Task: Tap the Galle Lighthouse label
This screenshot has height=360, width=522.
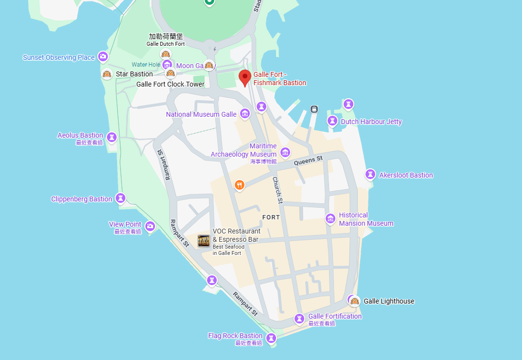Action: [389, 301]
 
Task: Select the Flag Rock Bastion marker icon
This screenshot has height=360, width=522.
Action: [272, 338]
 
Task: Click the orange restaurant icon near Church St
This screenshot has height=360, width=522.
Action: [239, 185]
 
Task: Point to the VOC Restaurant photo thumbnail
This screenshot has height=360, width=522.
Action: [204, 240]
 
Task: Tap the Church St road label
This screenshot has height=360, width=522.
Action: [277, 190]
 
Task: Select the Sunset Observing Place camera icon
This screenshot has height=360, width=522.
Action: [103, 57]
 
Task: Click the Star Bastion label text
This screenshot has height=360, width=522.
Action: [134, 74]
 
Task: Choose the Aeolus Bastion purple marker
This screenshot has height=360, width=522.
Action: [112, 137]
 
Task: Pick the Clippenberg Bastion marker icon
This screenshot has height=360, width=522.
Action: [121, 198]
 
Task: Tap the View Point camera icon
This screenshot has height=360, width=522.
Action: [150, 226]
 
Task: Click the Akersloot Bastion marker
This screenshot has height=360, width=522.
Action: [370, 174]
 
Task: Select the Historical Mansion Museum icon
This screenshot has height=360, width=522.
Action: [331, 219]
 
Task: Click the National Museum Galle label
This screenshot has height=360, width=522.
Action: [201, 114]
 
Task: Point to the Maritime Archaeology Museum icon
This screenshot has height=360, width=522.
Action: [285, 152]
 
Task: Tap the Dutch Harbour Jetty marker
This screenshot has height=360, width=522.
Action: [332, 121]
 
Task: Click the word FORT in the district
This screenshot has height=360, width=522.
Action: [271, 217]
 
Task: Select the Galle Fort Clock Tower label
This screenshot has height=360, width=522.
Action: [170, 84]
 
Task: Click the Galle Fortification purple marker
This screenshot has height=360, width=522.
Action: [299, 319]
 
